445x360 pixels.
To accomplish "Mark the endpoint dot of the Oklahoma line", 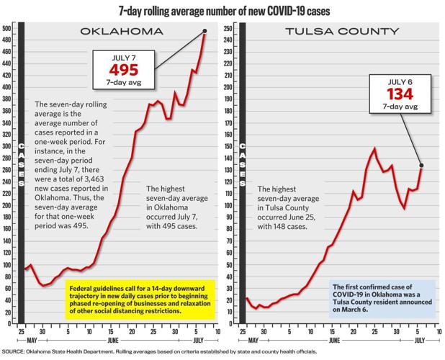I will [205, 31].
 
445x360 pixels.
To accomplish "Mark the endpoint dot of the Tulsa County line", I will [421, 166].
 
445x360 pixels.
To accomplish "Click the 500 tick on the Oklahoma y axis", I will [6, 28].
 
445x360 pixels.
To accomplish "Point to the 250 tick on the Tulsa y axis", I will [228, 28].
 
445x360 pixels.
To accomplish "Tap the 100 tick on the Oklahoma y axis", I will [6, 265].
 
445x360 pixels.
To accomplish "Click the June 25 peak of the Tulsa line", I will [374, 149].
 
